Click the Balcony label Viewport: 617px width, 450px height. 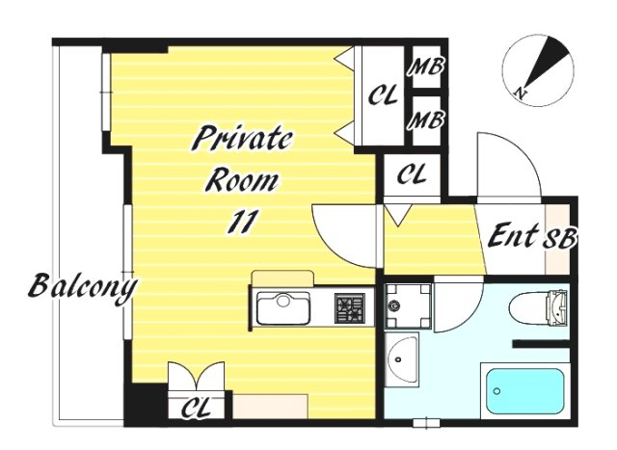click(x=83, y=287)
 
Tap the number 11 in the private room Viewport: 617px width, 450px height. click(x=243, y=222)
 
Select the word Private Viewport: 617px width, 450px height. click(x=243, y=138)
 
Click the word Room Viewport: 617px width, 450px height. click(x=242, y=180)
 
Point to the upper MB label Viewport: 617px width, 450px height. click(x=426, y=66)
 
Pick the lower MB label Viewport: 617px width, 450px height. click(x=426, y=119)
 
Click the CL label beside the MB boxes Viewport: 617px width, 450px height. click(x=383, y=95)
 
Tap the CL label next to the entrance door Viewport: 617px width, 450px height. click(x=412, y=173)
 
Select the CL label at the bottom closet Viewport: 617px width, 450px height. click(x=196, y=408)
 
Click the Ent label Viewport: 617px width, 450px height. click(x=513, y=235)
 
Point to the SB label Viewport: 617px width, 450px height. click(x=560, y=238)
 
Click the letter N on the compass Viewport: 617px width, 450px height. click(x=521, y=93)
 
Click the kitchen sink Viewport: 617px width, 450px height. click(x=282, y=308)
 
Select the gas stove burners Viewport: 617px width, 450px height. click(x=350, y=308)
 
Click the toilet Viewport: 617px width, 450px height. click(x=539, y=308)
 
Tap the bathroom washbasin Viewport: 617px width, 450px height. click(x=402, y=359)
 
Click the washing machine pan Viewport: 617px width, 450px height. click(x=408, y=306)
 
